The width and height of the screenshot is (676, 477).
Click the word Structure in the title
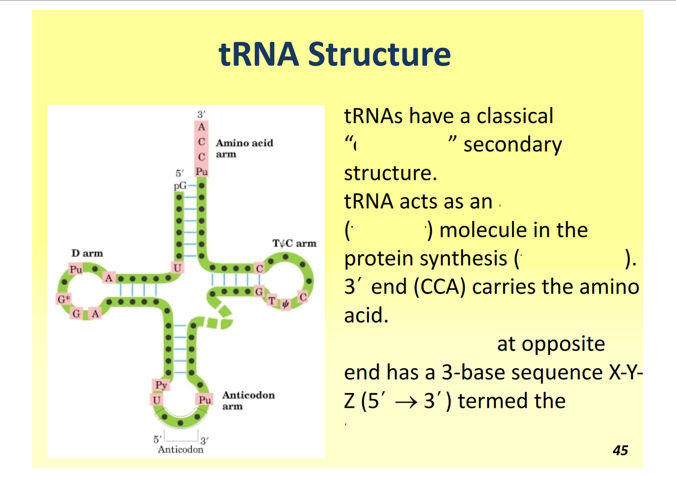(379, 54)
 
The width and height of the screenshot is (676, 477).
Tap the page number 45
(620, 450)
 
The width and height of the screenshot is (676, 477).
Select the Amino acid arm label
(244, 148)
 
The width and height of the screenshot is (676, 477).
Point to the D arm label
(87, 253)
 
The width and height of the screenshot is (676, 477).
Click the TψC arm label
(294, 244)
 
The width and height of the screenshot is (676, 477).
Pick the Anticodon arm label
(248, 400)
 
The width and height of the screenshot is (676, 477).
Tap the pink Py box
(161, 385)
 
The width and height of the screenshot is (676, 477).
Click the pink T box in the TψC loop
(272, 301)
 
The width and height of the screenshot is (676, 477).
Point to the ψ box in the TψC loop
(285, 304)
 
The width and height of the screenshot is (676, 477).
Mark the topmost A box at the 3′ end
(202, 127)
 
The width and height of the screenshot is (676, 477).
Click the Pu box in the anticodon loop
(205, 400)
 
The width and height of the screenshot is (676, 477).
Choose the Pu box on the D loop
(76, 270)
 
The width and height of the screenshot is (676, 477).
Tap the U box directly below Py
(157, 400)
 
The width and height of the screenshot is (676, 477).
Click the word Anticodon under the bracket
(180, 449)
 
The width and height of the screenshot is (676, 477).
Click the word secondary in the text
(512, 145)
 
